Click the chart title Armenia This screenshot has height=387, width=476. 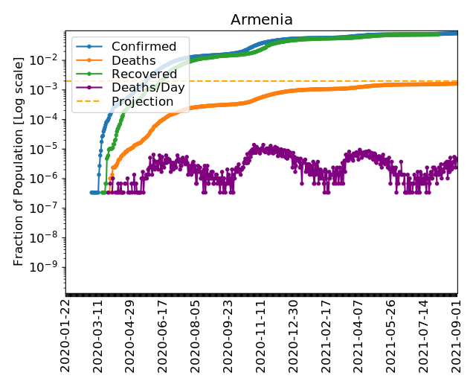262,20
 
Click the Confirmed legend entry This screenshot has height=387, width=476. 144,47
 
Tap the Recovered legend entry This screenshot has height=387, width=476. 144,74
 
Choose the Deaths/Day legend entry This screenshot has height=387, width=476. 148,88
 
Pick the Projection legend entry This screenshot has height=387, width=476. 142,101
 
